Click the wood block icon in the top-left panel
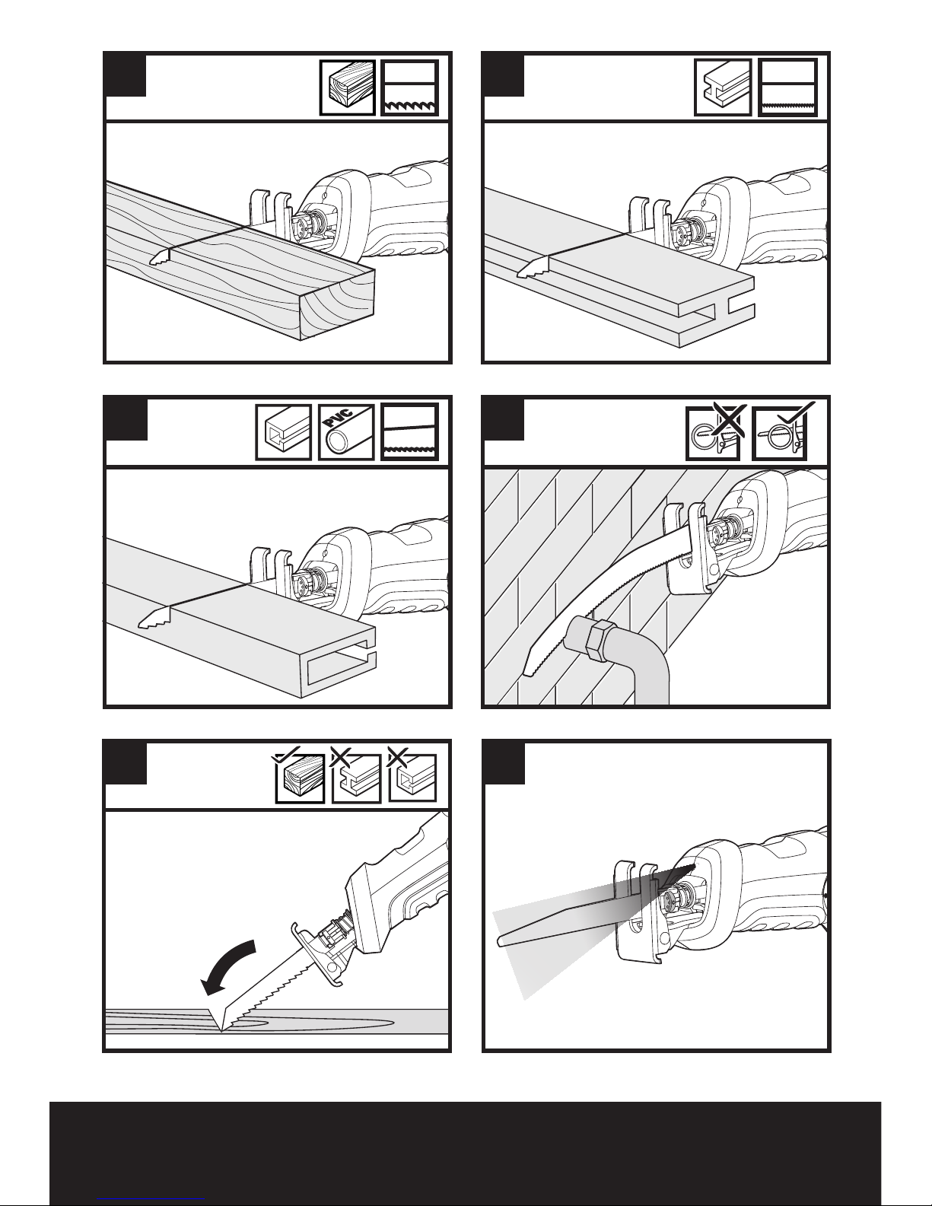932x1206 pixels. tap(347, 88)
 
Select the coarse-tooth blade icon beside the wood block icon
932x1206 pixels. tap(410, 88)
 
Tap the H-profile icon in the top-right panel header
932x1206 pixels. tap(723, 88)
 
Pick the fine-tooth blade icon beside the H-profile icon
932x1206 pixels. tap(787, 88)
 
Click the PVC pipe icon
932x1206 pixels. tap(347, 431)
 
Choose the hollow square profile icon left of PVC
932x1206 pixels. tap(284, 431)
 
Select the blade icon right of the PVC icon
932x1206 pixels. tap(410, 431)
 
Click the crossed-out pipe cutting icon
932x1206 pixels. tap(714, 432)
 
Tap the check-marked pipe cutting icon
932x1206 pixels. tap(781, 432)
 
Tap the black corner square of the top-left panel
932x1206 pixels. tap(126, 75)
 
